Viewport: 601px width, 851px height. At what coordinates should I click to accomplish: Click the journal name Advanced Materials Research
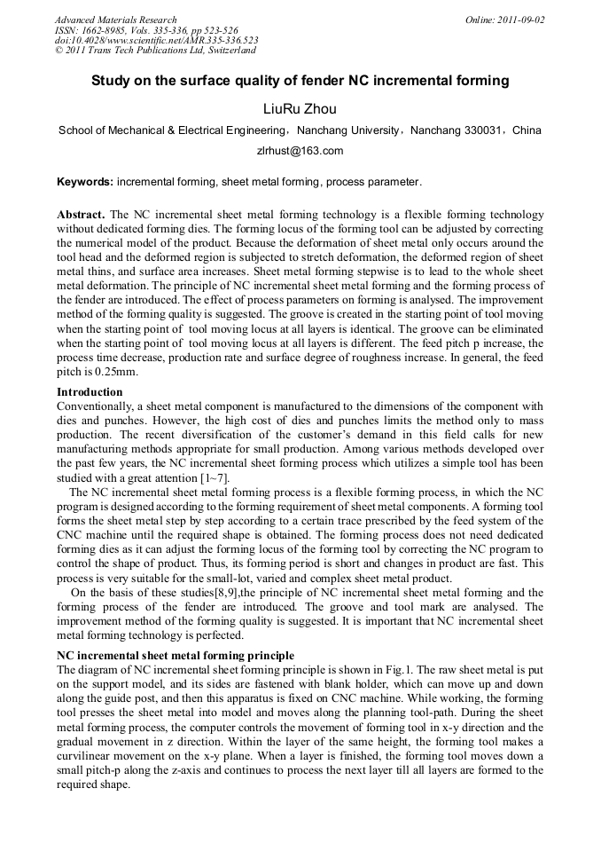(115, 20)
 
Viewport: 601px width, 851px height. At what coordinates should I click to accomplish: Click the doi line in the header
(156, 41)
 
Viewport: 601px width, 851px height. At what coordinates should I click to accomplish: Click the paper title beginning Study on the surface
(300, 81)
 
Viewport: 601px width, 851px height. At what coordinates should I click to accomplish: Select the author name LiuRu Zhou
(300, 109)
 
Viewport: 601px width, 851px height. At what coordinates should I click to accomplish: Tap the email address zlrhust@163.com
(300, 151)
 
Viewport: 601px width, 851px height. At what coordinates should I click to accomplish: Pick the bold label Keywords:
(85, 182)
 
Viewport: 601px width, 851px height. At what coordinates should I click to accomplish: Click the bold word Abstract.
(81, 215)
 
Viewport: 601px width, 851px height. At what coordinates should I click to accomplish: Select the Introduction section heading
(90, 391)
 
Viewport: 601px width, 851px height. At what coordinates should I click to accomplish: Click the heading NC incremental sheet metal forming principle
(176, 655)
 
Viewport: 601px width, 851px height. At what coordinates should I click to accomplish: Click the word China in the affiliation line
(527, 130)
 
